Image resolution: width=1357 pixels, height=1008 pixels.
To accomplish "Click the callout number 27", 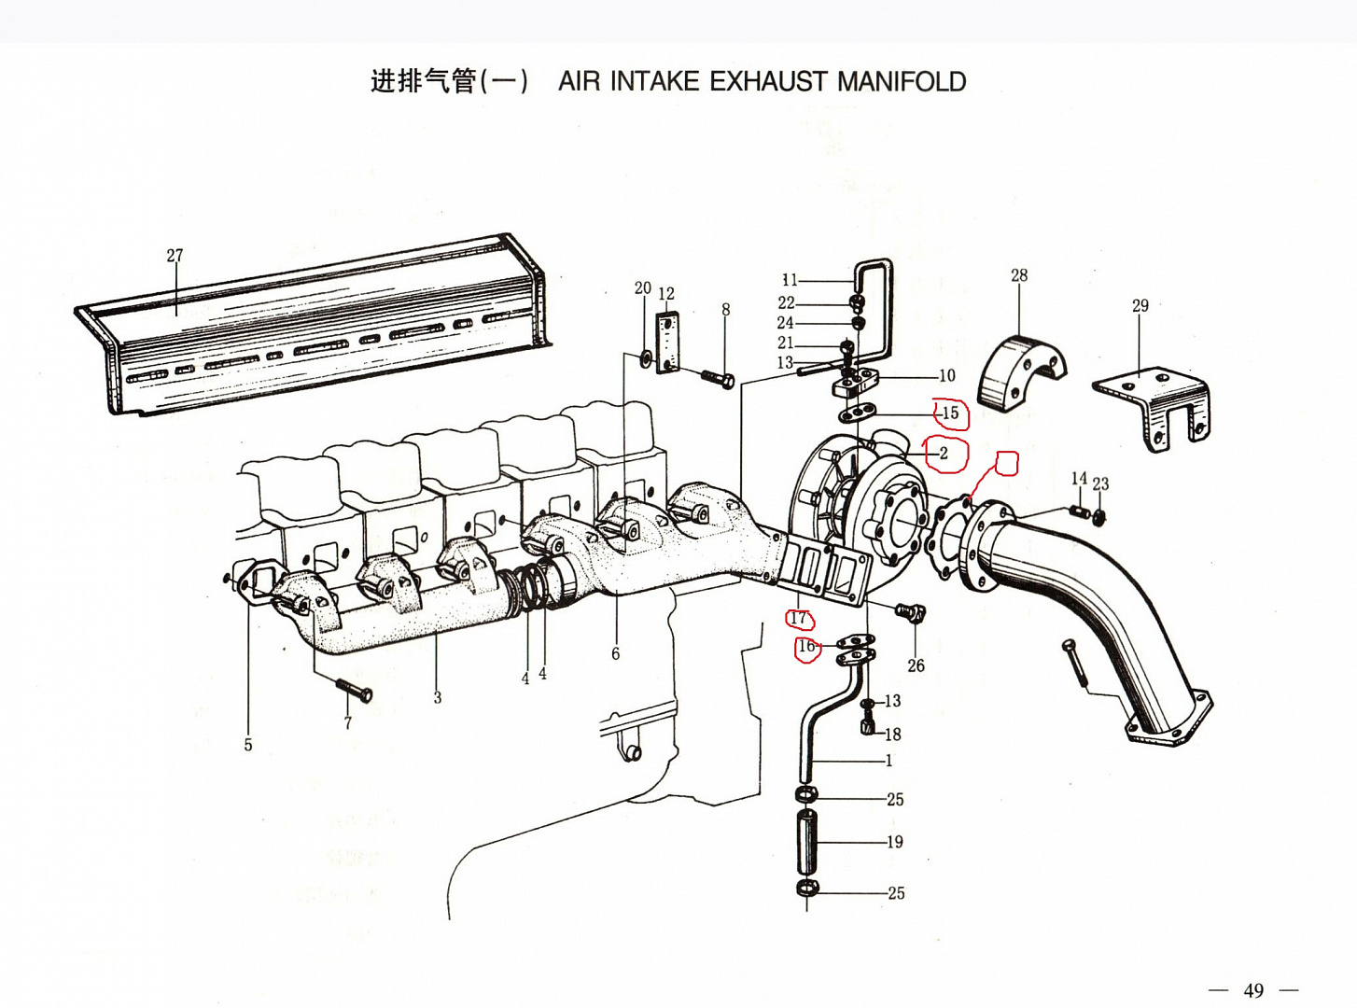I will click(175, 255).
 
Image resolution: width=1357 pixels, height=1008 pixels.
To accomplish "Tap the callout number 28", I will click(1019, 275).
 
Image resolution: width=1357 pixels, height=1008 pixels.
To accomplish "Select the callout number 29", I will click(1140, 305).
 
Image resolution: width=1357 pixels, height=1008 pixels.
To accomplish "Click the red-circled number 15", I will click(950, 413).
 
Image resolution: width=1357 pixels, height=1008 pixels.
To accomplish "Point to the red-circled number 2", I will click(944, 454).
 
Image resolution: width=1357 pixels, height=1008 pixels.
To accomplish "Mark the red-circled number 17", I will click(798, 618).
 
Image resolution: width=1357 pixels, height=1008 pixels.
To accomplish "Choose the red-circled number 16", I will click(806, 646).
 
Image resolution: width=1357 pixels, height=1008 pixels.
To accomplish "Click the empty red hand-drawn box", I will click(1007, 463).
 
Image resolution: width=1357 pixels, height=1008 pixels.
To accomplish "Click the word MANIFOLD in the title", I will click(902, 82).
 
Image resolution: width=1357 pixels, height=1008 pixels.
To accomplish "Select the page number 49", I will click(1253, 990).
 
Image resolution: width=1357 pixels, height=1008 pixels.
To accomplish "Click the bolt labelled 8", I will click(717, 379).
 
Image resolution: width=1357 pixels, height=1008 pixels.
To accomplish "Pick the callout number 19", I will click(895, 842).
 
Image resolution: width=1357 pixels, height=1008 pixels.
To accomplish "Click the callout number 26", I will click(916, 665).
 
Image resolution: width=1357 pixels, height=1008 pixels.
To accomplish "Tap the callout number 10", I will click(946, 376).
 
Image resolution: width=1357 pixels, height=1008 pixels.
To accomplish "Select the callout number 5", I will click(248, 745).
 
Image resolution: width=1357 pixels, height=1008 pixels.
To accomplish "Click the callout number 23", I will click(1101, 483).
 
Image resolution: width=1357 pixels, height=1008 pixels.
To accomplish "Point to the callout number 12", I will click(665, 294).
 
